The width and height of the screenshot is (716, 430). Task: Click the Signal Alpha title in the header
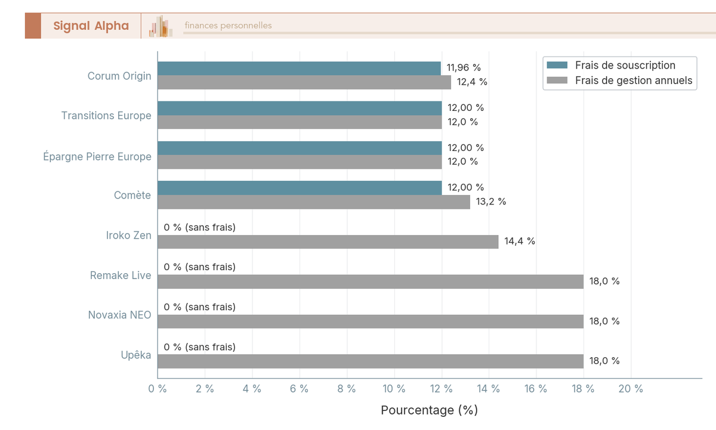click(x=91, y=26)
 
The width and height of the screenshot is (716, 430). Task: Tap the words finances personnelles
click(x=228, y=26)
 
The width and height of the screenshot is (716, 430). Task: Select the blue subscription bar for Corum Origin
click(x=299, y=68)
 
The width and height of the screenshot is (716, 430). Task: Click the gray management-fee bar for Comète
click(x=314, y=202)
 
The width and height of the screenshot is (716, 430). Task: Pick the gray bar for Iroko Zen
click(x=328, y=242)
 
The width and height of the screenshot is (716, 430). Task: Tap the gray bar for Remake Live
click(x=370, y=281)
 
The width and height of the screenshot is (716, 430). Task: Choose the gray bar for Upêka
click(x=370, y=361)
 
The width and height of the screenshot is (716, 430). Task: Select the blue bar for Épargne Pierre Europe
click(x=300, y=148)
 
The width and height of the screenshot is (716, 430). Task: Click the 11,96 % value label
click(x=464, y=68)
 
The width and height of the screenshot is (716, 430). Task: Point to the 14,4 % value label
click(x=520, y=242)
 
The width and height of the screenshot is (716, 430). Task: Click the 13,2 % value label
click(x=490, y=202)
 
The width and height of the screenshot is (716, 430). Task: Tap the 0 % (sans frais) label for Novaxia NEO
click(x=199, y=307)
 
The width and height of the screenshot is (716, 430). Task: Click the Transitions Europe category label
click(x=106, y=116)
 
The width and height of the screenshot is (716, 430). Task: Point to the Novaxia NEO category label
click(x=119, y=315)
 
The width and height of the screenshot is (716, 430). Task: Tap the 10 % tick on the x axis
click(x=394, y=389)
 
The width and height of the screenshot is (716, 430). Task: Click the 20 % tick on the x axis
click(x=631, y=389)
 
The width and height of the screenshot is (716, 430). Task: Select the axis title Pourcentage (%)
click(x=429, y=410)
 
